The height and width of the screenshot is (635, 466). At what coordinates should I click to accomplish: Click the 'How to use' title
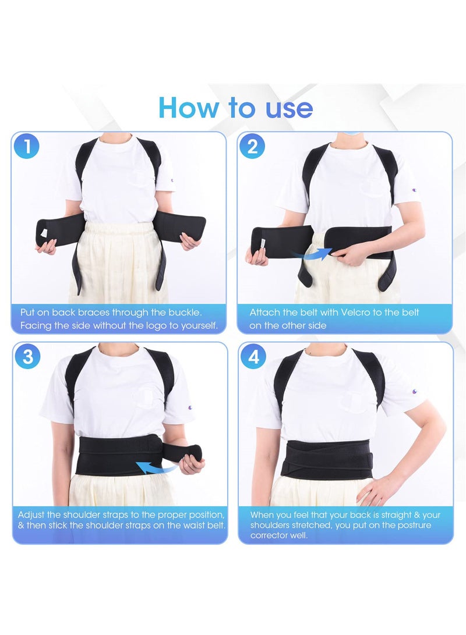235,108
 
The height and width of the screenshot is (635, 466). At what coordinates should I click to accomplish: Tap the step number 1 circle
26,146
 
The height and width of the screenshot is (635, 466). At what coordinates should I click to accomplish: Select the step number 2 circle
252,146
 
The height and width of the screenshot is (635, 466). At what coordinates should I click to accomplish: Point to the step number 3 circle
27,356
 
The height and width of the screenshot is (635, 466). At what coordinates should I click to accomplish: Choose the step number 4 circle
253,356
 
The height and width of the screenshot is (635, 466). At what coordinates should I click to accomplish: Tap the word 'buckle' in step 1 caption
182,313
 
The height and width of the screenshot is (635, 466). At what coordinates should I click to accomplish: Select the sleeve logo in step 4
414,392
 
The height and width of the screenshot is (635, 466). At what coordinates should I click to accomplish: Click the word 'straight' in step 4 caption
387,515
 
